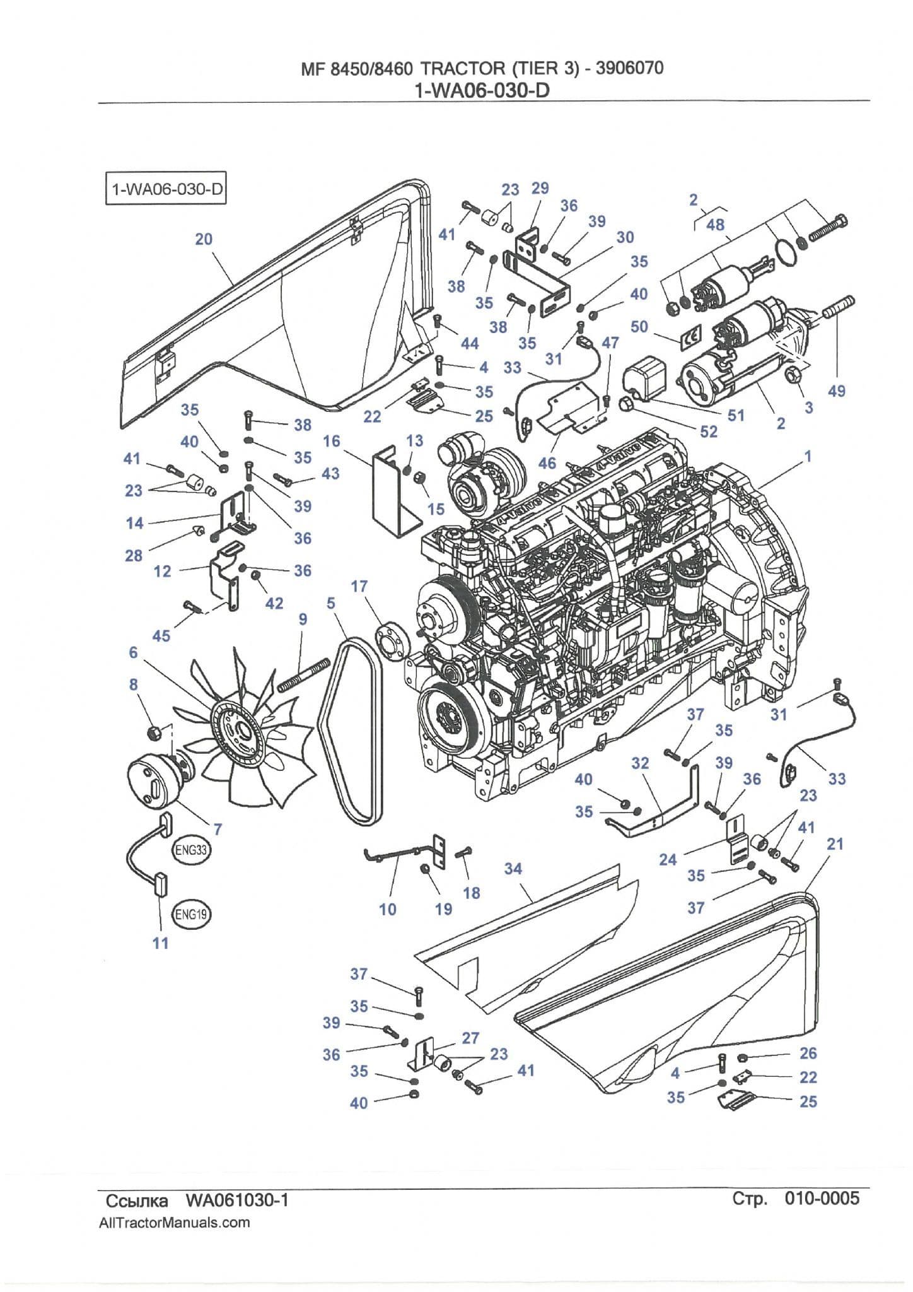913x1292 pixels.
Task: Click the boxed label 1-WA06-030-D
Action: pos(165,189)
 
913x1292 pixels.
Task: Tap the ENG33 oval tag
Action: pos(191,850)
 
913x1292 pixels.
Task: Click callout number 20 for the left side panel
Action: pos(204,239)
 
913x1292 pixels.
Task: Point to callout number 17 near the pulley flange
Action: pos(359,587)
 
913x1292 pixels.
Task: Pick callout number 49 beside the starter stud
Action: pos(837,391)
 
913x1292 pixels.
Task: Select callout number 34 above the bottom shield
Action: pos(513,869)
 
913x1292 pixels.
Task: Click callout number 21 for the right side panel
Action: pos(835,844)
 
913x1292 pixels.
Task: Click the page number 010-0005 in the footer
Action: pos(822,1198)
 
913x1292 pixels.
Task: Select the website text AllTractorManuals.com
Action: pos(175,1223)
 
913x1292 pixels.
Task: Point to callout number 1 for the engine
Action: pos(808,455)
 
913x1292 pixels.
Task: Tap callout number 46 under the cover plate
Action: pos(547,463)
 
